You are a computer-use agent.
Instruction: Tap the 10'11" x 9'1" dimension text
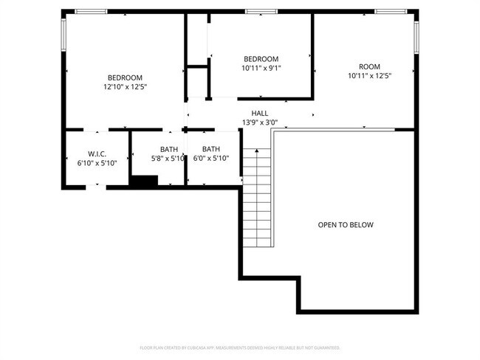[261, 69]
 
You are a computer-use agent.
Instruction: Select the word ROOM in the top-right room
[369, 66]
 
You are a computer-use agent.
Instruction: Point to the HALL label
[260, 113]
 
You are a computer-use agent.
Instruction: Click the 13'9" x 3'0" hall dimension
[260, 122]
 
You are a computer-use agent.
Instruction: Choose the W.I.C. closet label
[97, 153]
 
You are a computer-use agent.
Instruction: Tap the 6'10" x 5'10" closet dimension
[97, 162]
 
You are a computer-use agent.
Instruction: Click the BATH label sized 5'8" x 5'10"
[169, 149]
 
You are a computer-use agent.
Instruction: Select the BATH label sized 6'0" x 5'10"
[211, 149]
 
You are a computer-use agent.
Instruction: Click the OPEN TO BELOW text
[346, 225]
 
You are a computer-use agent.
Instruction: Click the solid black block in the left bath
[144, 181]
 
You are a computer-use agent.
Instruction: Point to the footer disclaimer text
[240, 347]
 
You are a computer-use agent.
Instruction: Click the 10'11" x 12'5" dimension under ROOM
[369, 75]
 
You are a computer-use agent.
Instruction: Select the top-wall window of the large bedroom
[91, 11]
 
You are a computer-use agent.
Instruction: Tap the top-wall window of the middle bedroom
[256, 11]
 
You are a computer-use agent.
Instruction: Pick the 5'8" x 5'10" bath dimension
[169, 158]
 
